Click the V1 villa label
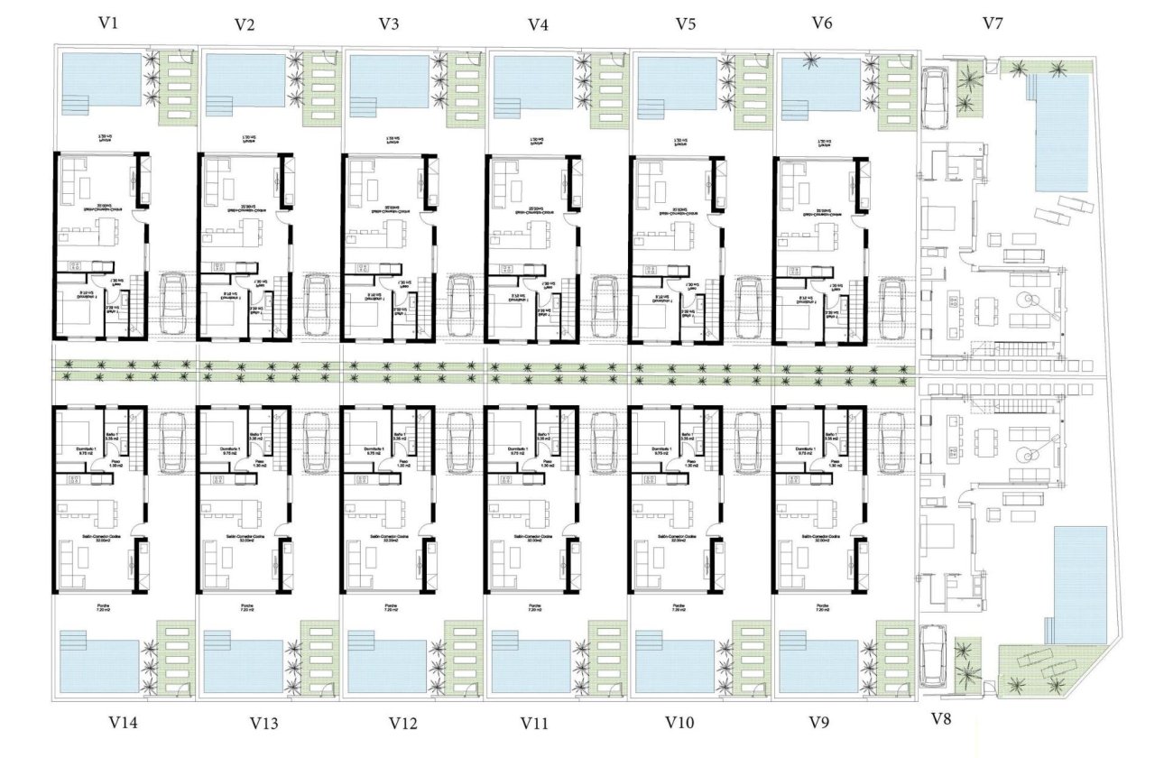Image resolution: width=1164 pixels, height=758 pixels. coord(109,23)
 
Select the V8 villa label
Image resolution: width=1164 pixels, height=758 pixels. coord(941,719)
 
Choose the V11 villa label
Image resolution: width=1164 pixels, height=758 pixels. coord(538,723)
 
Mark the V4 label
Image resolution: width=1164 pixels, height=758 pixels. coord(538,24)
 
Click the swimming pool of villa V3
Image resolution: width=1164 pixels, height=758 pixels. coord(388,81)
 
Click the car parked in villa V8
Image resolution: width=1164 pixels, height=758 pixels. coord(933,655)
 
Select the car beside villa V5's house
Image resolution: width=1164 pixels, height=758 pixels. coord(748,304)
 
